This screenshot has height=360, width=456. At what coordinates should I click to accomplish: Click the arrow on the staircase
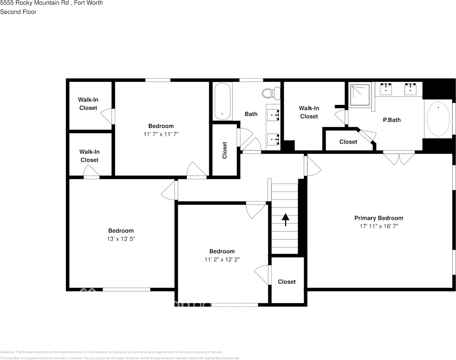click(285, 219)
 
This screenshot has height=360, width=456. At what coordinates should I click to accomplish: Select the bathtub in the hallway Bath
click(222, 102)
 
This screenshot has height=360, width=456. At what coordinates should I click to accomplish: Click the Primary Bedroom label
click(379, 218)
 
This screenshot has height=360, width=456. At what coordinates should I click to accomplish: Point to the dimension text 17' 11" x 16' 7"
click(379, 226)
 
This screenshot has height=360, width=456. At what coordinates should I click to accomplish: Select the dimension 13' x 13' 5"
click(121, 239)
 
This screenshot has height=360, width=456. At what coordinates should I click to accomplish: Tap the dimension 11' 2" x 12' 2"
click(222, 259)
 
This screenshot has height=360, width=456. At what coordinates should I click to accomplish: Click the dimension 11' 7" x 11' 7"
click(161, 134)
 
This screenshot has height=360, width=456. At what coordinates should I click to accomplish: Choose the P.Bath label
click(391, 120)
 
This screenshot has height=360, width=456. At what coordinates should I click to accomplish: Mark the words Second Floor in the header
click(18, 12)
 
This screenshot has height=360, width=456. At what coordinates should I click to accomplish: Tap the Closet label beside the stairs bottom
click(287, 282)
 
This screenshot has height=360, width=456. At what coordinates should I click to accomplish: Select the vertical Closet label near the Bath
click(224, 150)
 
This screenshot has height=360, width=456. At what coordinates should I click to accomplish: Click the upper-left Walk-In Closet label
click(88, 104)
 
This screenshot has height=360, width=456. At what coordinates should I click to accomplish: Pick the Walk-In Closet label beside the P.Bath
click(309, 112)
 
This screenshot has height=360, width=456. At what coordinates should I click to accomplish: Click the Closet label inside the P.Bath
click(348, 142)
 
